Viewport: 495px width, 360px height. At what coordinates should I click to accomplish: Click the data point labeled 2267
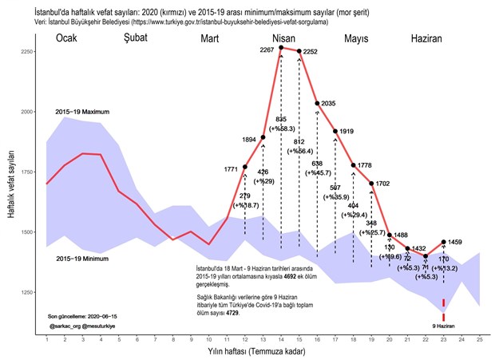[281, 48]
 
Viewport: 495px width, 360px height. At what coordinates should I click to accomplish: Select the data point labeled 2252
[299, 51]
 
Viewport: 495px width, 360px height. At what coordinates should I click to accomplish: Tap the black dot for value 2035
[318, 103]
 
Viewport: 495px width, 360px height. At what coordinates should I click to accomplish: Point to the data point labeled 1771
[245, 167]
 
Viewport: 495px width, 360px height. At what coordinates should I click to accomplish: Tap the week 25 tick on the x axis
[480, 341]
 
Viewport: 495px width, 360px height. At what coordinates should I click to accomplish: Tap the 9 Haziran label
[444, 326]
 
